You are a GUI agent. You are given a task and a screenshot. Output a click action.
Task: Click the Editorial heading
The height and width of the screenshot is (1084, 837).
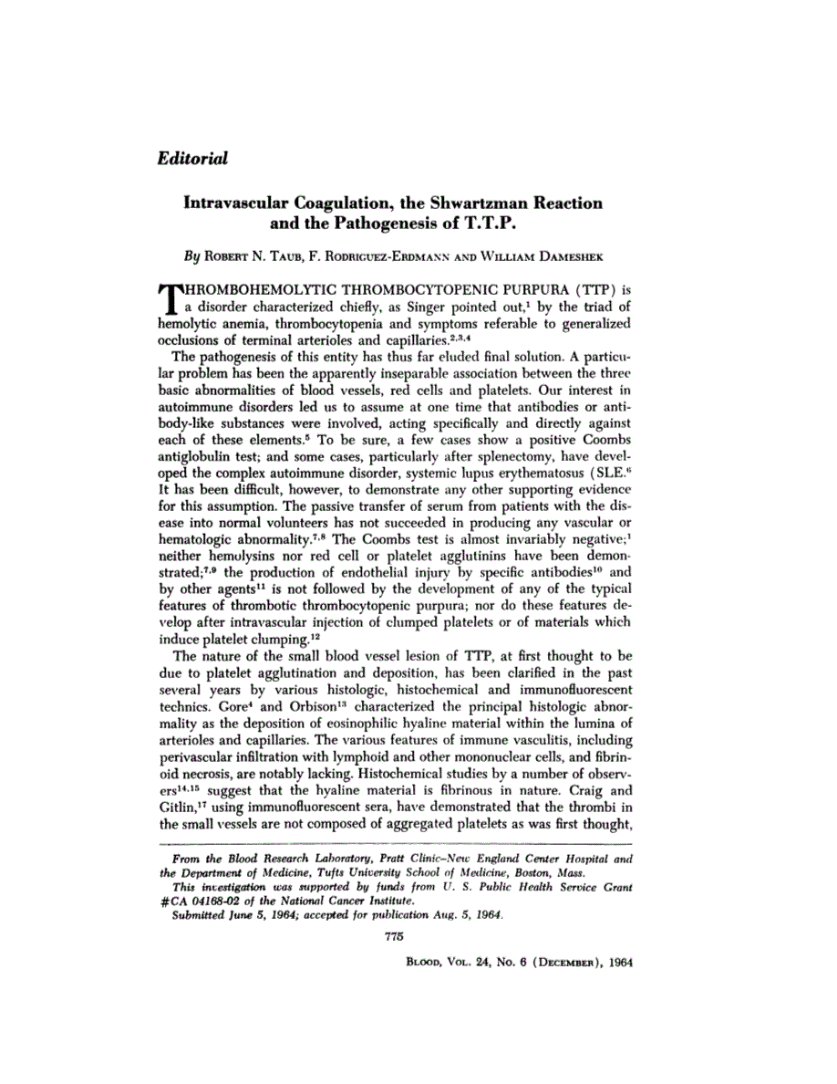pyautogui.click(x=191, y=158)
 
